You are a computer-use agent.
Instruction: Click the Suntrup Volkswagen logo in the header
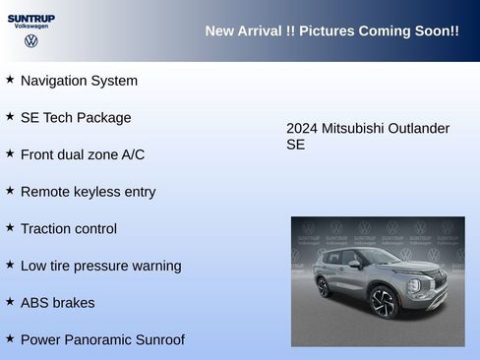click(x=31, y=30)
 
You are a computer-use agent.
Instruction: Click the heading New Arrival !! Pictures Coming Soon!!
click(x=331, y=31)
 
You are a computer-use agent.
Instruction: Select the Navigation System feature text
click(x=79, y=81)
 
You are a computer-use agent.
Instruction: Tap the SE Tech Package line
click(x=75, y=118)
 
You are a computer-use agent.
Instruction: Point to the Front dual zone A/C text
click(x=82, y=154)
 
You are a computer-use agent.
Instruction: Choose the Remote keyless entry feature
click(x=88, y=192)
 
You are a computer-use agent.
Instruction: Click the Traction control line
click(x=68, y=229)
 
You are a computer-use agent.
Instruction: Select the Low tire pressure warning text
click(x=100, y=266)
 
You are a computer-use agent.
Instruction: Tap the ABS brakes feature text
click(x=57, y=303)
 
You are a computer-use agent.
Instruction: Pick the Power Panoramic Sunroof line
click(x=101, y=340)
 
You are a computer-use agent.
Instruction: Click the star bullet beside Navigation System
click(x=10, y=80)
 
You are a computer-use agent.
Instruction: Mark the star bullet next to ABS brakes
click(x=10, y=302)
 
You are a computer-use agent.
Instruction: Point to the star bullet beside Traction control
click(x=10, y=228)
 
